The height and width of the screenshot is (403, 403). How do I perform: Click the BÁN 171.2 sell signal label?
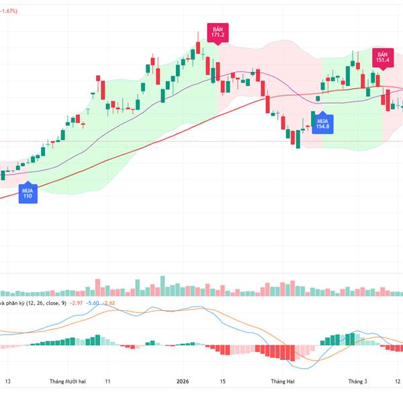pos(218,33)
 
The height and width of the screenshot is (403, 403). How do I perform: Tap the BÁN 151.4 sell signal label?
pos(383,58)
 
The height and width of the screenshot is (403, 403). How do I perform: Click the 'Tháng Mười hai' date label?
pos(67,381)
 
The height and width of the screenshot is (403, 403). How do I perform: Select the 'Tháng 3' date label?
pos(357,381)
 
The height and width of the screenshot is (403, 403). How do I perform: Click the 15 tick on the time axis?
pos(222,381)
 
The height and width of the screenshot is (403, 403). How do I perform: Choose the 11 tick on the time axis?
pos(107,381)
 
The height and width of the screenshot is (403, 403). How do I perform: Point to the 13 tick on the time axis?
pos(9,381)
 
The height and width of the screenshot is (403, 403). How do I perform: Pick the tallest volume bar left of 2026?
pos(162,285)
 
